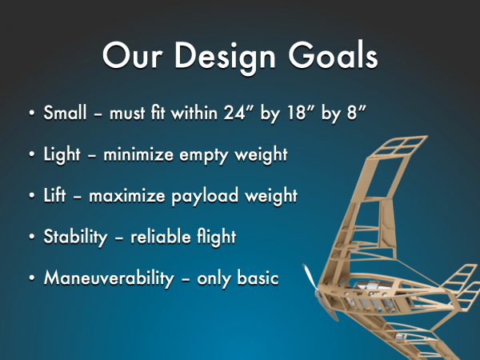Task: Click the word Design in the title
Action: [x=225, y=58]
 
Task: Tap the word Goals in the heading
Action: [x=334, y=55]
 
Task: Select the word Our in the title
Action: [x=132, y=55]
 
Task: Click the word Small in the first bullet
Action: [x=65, y=112]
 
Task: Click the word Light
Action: [x=62, y=155]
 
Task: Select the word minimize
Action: [x=138, y=154]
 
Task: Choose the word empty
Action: [x=203, y=156]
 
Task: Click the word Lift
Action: [x=54, y=195]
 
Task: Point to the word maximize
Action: [x=127, y=196]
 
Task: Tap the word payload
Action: [x=205, y=197]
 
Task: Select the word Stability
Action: [x=76, y=238]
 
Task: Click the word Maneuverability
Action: [x=109, y=278]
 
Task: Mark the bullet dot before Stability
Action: [x=32, y=237]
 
